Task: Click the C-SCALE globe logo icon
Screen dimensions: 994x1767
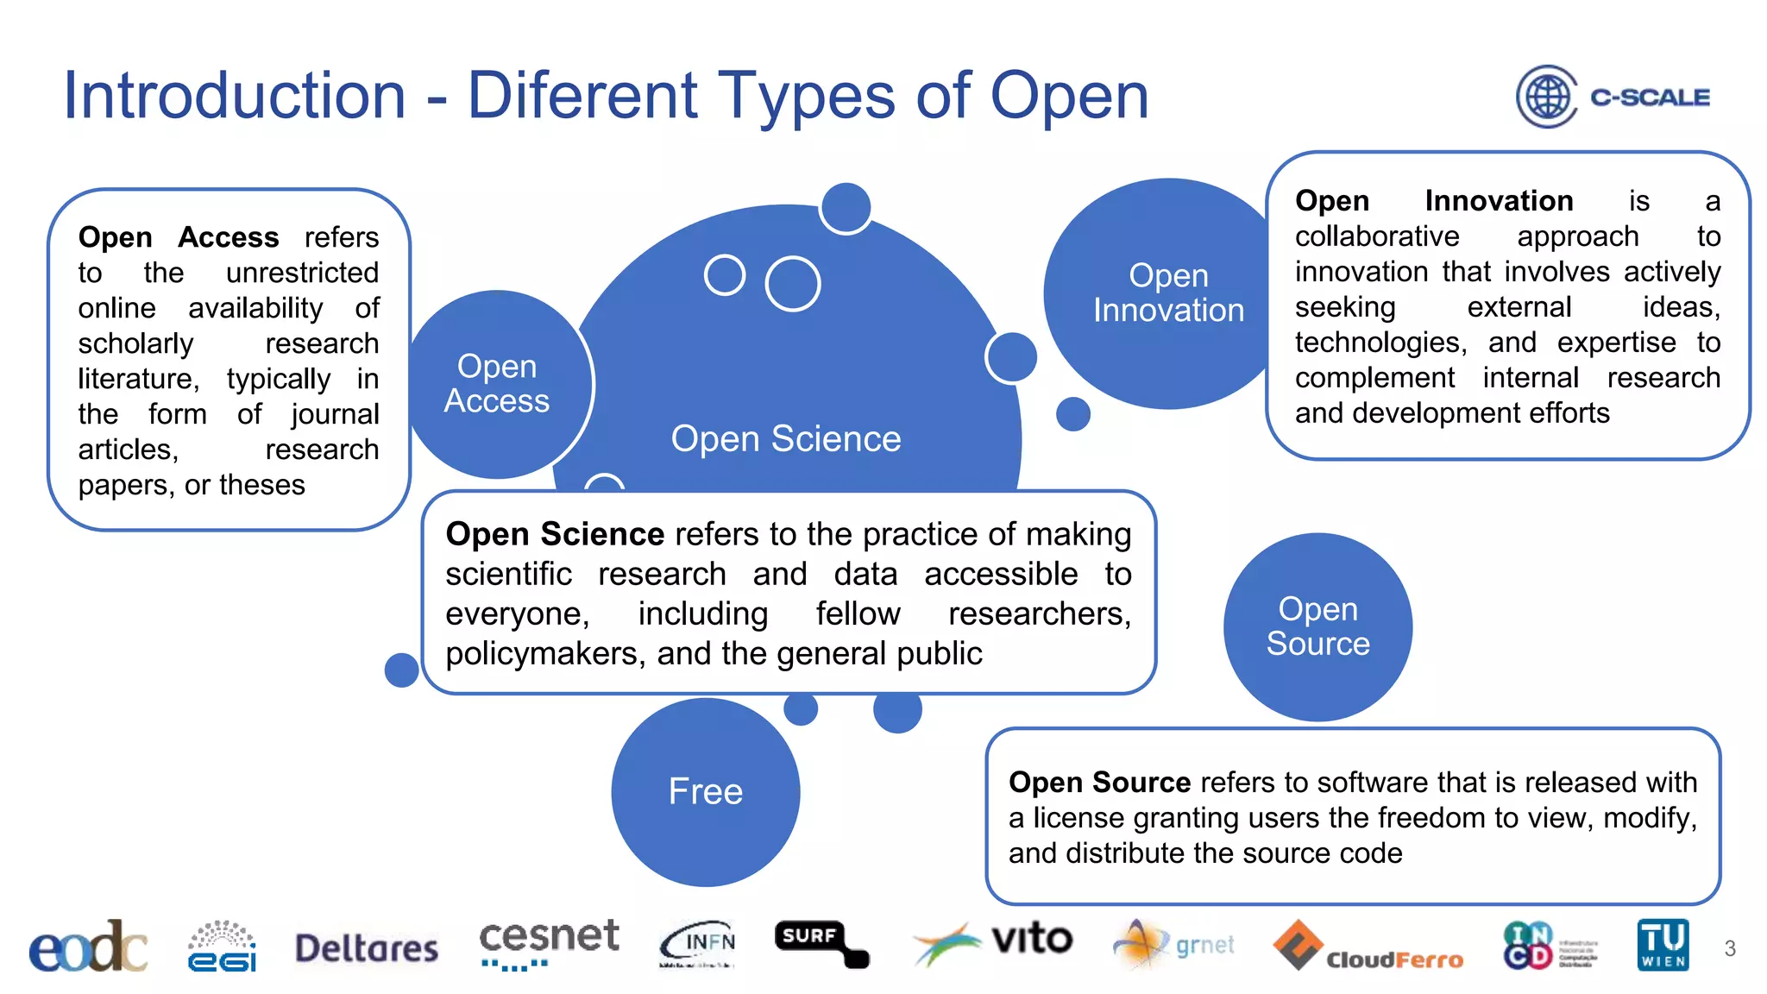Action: [1547, 97]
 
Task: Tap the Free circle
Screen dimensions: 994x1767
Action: [706, 792]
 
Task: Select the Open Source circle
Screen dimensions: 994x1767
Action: [1317, 627]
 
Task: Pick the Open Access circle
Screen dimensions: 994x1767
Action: [498, 384]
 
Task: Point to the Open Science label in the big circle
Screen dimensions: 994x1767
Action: [786, 439]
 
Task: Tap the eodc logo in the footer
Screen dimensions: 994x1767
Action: [88, 947]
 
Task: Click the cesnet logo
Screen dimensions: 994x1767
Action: [549, 942]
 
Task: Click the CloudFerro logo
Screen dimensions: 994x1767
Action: [1369, 947]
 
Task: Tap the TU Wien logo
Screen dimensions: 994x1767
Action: [1663, 945]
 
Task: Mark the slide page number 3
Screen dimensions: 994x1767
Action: [1730, 949]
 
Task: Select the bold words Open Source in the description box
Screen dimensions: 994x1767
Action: [1099, 783]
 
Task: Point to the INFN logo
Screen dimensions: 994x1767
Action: [699, 944]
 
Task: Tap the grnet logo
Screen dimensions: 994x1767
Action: [1175, 944]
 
